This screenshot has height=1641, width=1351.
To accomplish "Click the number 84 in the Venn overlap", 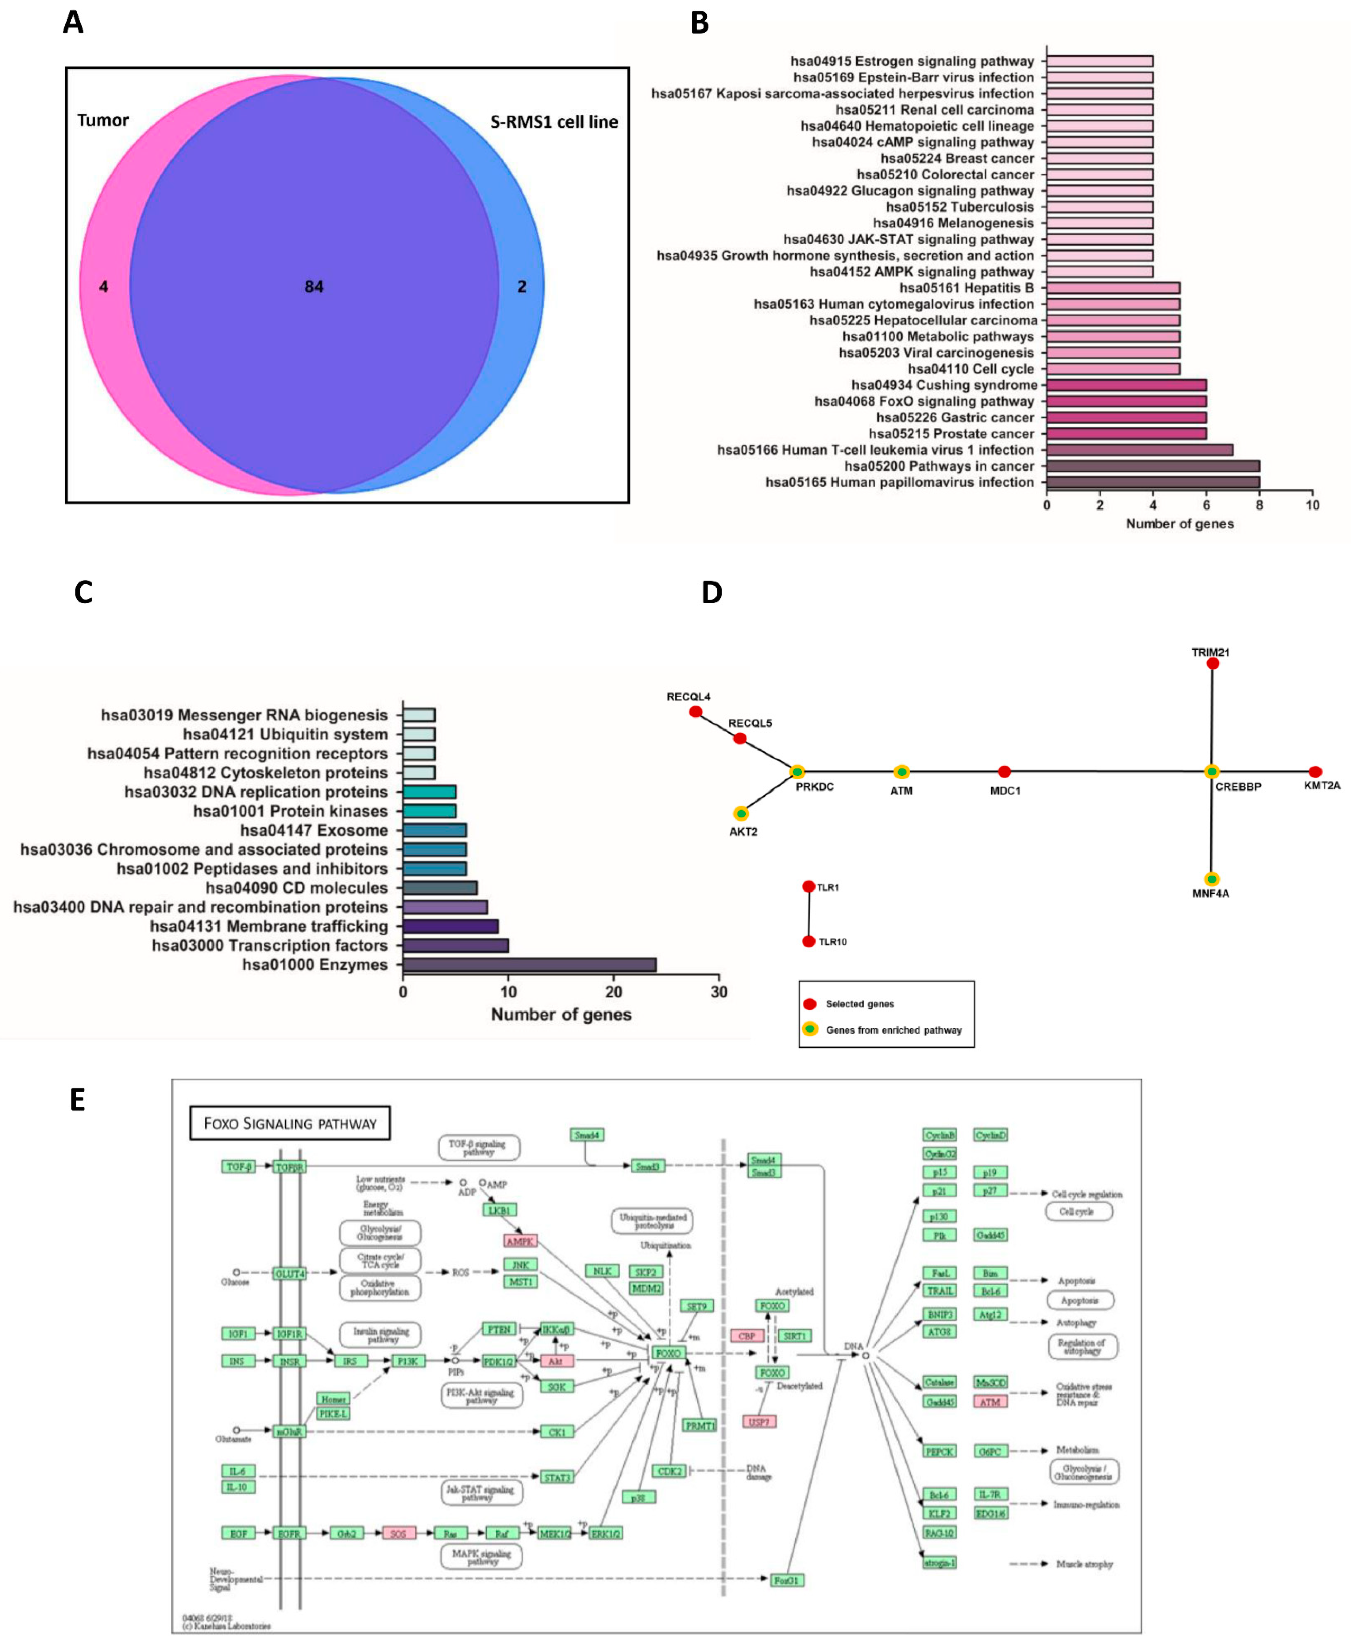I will tap(314, 286).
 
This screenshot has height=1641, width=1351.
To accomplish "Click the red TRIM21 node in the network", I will tap(1212, 663).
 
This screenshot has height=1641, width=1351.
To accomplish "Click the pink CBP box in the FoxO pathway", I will tap(746, 1336).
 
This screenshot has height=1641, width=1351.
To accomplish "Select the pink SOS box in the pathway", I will tap(399, 1533).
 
